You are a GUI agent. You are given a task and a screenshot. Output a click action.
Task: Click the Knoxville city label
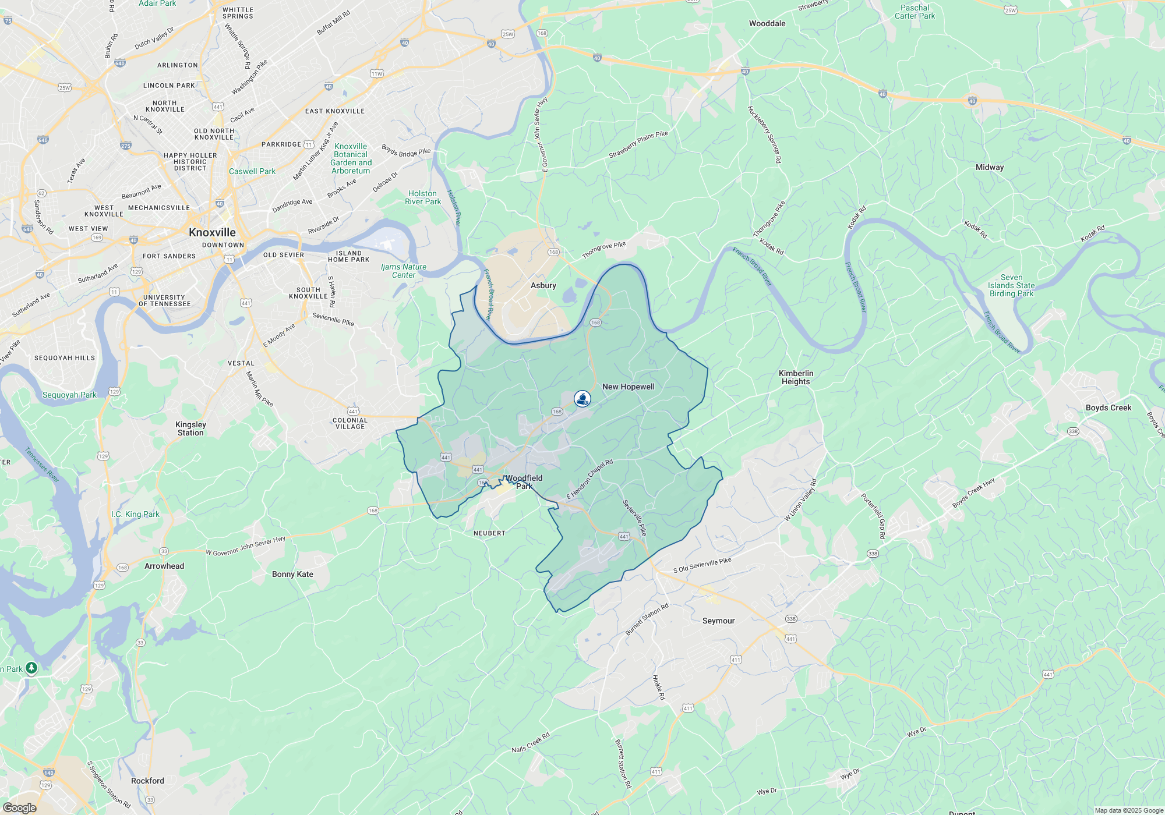click(x=212, y=232)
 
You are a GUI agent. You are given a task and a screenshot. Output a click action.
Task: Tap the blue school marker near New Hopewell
click(x=582, y=399)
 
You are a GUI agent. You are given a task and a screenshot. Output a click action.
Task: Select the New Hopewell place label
click(x=628, y=387)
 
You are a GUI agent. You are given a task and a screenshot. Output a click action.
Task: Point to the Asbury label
click(x=543, y=285)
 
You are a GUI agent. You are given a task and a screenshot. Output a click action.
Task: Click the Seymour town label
click(x=718, y=621)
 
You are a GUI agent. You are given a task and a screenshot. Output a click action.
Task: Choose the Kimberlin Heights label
click(x=796, y=377)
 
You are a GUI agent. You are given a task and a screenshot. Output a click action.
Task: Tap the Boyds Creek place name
click(x=1108, y=408)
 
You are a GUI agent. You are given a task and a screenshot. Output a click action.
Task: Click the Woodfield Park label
click(x=524, y=482)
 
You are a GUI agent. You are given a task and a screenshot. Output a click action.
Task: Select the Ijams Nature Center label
click(x=404, y=271)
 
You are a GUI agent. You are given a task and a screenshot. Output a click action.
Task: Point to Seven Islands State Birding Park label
click(x=1011, y=286)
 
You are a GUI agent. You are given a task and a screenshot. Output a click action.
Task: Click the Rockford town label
click(x=147, y=781)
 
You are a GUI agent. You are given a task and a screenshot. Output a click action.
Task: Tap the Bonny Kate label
click(x=292, y=574)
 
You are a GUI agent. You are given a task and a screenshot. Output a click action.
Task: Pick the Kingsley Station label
click(x=190, y=428)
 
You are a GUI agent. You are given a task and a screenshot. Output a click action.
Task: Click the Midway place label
click(x=990, y=167)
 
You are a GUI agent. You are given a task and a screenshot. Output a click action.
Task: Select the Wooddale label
click(x=767, y=23)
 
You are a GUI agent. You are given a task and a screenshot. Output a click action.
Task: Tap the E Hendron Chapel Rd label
click(x=589, y=479)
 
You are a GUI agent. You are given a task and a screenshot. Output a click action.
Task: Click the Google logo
click(x=19, y=807)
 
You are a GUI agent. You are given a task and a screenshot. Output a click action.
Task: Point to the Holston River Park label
click(x=423, y=197)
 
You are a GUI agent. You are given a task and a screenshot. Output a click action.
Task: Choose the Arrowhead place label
click(x=164, y=566)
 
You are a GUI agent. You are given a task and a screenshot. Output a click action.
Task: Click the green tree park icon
click(x=31, y=668)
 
